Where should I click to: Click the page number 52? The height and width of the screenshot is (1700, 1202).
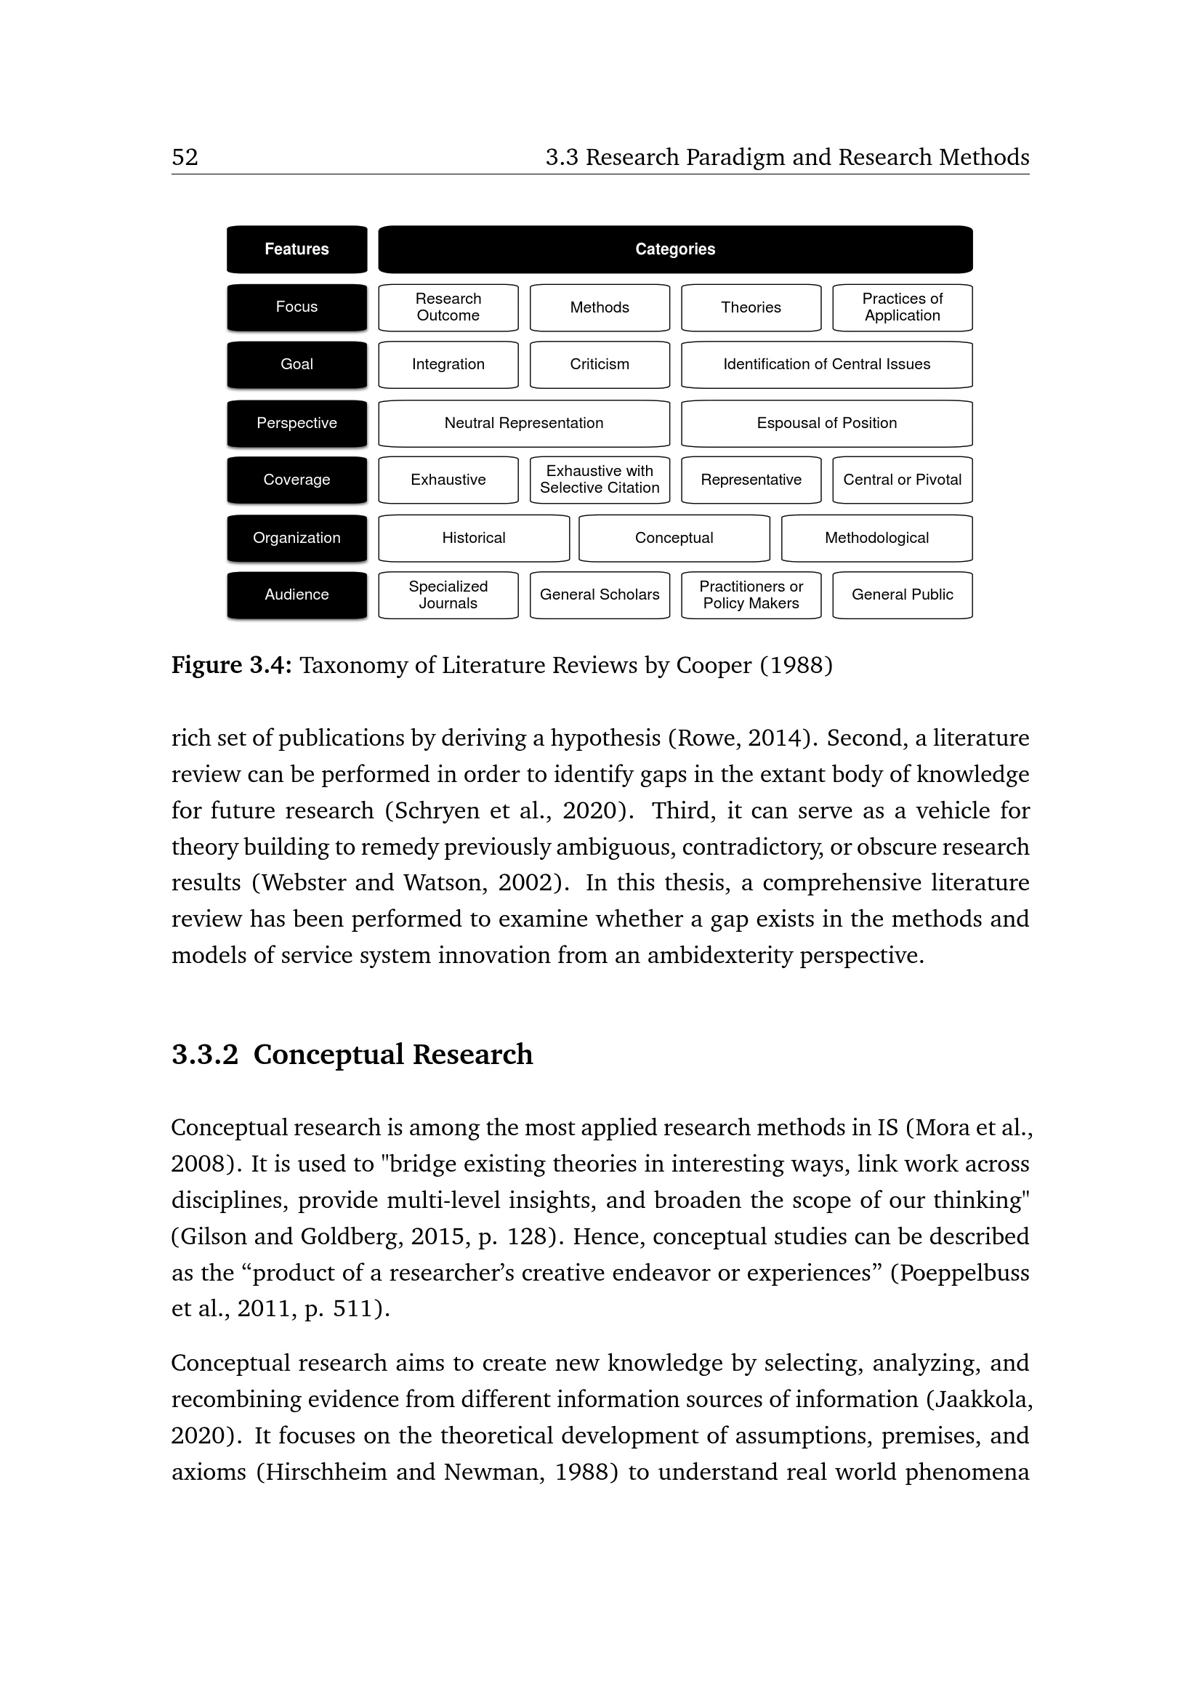click(x=185, y=157)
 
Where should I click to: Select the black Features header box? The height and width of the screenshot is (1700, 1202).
click(x=297, y=249)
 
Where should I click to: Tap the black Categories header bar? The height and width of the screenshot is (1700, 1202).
click(x=675, y=249)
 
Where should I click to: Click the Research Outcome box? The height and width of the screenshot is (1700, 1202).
click(x=448, y=307)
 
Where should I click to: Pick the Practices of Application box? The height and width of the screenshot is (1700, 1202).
click(x=903, y=307)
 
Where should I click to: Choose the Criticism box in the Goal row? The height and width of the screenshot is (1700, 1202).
click(x=600, y=364)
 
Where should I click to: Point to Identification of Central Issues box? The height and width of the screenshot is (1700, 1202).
click(x=827, y=364)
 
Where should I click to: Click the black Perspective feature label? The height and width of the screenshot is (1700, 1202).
click(x=297, y=423)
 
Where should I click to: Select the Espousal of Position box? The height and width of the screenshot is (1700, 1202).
click(x=827, y=423)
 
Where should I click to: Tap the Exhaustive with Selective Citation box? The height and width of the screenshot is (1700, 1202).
click(x=600, y=480)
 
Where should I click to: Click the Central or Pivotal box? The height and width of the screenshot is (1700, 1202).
click(x=903, y=480)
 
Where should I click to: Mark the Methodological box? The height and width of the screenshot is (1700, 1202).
click(x=876, y=539)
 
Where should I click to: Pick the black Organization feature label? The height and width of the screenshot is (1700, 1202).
click(x=297, y=539)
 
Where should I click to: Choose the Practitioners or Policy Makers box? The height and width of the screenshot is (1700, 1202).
click(x=751, y=595)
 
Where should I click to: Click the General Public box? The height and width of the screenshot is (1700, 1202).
click(x=903, y=595)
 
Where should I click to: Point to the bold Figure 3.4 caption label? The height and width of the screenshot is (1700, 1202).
click(x=232, y=665)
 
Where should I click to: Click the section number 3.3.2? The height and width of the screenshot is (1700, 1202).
click(x=205, y=1055)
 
